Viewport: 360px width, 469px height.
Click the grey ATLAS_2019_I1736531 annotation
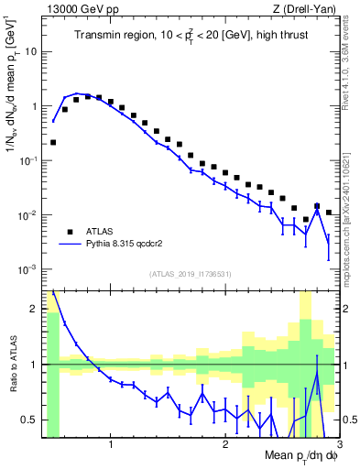(190, 274)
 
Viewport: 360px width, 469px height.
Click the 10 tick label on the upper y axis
(30, 51)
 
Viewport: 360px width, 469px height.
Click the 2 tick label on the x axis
(225, 447)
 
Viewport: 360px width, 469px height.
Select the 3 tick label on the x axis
(339, 447)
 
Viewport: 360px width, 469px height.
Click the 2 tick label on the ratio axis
(34, 308)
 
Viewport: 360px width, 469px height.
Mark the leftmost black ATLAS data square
(54, 142)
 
